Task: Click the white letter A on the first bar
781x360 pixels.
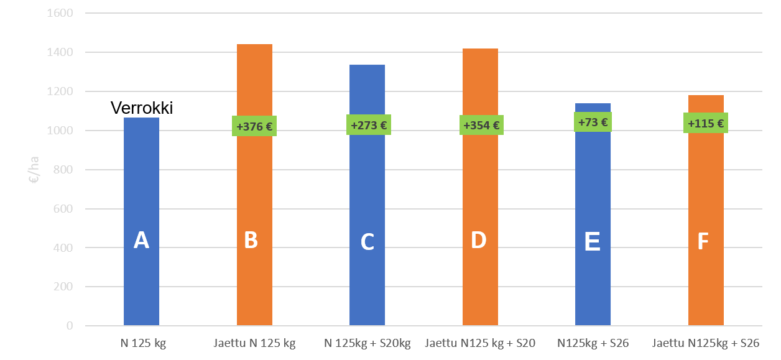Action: [141, 240]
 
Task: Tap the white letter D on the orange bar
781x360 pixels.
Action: [478, 240]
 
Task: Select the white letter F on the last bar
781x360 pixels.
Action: [703, 242]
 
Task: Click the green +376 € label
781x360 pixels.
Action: [254, 126]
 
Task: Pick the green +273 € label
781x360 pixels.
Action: [369, 125]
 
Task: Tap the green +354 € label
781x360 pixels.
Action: [481, 125]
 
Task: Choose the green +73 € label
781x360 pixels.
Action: [593, 122]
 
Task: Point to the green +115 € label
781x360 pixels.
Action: [706, 122]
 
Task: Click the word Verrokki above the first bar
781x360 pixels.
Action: [142, 108]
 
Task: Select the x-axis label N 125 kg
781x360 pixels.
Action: [143, 343]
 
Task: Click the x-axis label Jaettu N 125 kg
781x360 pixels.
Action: [254, 343]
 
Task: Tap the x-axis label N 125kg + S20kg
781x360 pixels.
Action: [367, 343]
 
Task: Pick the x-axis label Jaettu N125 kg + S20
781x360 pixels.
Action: [480, 343]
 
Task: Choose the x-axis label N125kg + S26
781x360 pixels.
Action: [593, 343]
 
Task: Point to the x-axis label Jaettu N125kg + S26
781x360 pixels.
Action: [706, 343]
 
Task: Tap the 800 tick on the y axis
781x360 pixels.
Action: [63, 170]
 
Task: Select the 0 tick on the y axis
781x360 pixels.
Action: [70, 326]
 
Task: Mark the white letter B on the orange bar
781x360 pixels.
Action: [251, 240]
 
